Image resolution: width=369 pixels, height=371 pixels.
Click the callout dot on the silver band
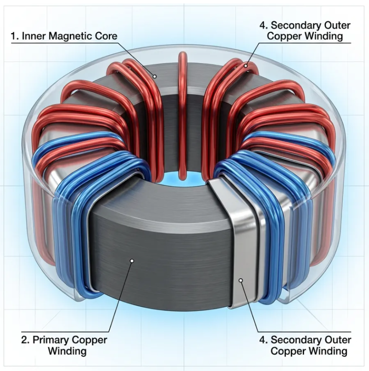tap(241, 280)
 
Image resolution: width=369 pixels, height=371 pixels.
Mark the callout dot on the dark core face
tap(132, 260)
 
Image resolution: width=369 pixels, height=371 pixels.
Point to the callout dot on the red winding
tap(246, 66)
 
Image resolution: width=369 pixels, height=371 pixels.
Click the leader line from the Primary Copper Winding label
tap(116, 302)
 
